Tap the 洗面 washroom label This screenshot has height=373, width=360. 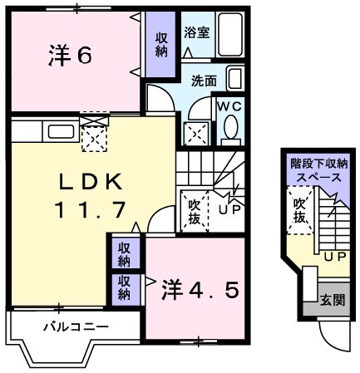pos(204,81)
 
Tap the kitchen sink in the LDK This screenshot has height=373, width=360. pos(60,131)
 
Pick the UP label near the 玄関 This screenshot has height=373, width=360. pos(334,257)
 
